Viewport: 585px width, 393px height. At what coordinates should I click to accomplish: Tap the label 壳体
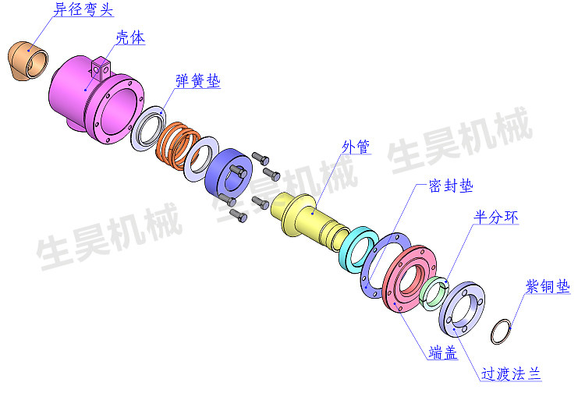[130, 37]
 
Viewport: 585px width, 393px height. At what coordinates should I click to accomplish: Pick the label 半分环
[497, 216]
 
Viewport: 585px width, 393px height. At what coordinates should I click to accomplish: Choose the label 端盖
[443, 353]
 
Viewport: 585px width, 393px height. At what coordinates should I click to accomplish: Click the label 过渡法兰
[511, 374]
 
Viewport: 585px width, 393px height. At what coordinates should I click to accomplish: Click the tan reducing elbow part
[28, 58]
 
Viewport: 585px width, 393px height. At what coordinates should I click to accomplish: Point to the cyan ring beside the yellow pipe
[357, 247]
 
